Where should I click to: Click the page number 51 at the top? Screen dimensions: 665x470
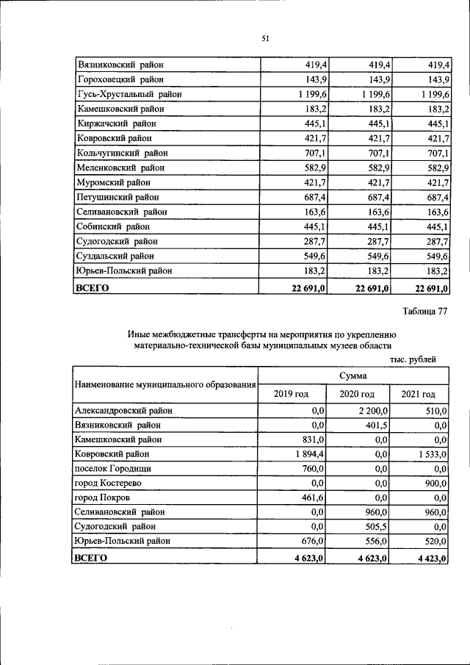(x=265, y=39)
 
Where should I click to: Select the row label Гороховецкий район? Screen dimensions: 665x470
(x=120, y=79)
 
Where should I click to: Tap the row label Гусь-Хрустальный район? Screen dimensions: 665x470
(x=129, y=94)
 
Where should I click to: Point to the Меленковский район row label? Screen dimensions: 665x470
(x=121, y=168)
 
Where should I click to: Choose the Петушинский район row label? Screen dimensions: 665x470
(x=118, y=197)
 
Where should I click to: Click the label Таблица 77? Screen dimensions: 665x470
(x=421, y=312)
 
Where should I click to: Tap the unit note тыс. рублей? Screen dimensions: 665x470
(x=413, y=359)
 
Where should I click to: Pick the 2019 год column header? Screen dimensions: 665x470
(x=291, y=394)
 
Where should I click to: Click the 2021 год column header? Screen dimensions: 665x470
(x=418, y=394)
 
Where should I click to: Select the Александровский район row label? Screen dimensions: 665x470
(x=123, y=411)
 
